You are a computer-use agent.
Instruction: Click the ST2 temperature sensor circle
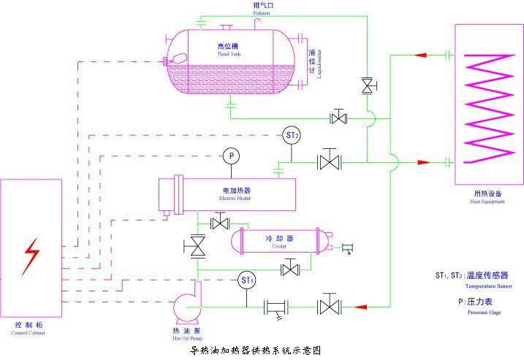pyautogui.click(x=292, y=136)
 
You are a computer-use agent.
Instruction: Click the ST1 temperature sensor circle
pyautogui.click(x=247, y=280)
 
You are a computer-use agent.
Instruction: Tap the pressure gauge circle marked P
pyautogui.click(x=230, y=156)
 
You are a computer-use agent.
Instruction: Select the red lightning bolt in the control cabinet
pyautogui.click(x=31, y=256)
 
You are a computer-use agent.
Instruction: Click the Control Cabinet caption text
pyautogui.click(x=29, y=329)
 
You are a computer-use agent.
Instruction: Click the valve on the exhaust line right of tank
pyautogui.click(x=367, y=86)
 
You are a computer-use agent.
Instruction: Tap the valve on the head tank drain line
pyautogui.click(x=338, y=117)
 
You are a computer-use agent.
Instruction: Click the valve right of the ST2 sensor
pyautogui.click(x=330, y=161)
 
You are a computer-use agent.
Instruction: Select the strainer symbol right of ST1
pyautogui.click(x=276, y=307)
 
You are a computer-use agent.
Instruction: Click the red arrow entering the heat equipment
pyautogui.click(x=422, y=161)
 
